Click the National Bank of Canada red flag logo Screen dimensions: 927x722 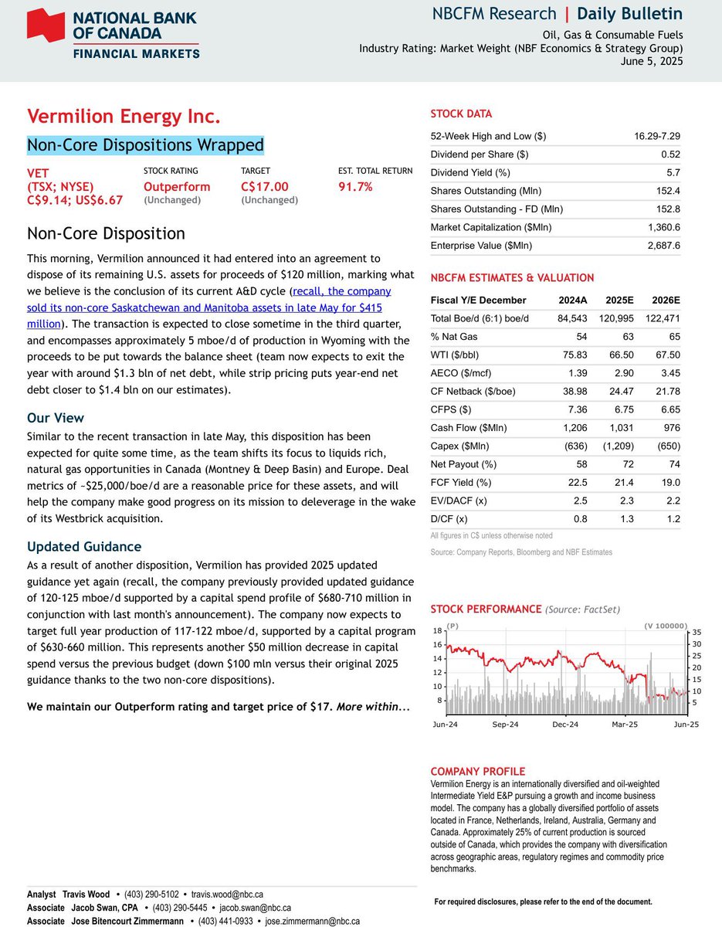tap(46, 25)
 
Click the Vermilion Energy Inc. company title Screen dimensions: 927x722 tap(124, 117)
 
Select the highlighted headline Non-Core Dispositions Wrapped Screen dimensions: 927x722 tap(145, 145)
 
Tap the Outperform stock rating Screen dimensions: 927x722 tap(177, 186)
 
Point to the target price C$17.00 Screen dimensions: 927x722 tap(265, 186)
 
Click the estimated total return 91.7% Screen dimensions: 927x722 tap(356, 186)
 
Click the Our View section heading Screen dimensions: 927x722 tap(56, 418)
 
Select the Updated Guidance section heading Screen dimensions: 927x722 tap(84, 547)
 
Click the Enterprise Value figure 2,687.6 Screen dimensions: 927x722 tap(663, 246)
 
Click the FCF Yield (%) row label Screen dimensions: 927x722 tap(461, 483)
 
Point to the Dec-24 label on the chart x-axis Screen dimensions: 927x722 tap(565, 725)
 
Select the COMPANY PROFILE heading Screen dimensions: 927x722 tap(477, 772)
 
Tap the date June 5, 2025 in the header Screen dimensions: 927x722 tap(652, 62)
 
